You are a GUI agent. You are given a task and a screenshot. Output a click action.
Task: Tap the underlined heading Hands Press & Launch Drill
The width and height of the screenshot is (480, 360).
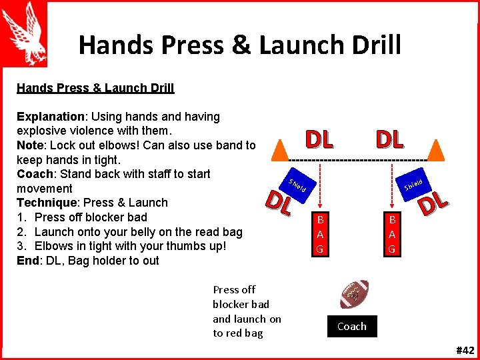click(95, 88)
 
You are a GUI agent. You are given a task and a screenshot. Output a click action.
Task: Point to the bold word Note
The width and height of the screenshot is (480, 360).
click(30, 145)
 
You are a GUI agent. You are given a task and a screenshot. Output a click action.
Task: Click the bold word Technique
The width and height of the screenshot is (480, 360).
click(46, 203)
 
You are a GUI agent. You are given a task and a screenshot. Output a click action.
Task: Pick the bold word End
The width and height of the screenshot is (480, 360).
click(27, 261)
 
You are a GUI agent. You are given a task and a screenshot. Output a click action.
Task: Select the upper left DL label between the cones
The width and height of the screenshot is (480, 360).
click(319, 139)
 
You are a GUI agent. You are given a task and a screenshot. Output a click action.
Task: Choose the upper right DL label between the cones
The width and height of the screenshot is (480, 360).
click(389, 139)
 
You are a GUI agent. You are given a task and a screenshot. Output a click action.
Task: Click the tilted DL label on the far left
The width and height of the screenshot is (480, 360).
click(279, 203)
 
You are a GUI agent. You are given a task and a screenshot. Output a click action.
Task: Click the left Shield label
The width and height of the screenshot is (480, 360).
click(297, 185)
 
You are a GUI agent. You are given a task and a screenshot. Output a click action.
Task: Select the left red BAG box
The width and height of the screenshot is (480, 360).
click(320, 234)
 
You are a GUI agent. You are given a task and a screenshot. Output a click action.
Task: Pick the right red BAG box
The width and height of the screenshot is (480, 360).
click(392, 234)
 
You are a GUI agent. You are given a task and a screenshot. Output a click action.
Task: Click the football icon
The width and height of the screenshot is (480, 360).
click(354, 294)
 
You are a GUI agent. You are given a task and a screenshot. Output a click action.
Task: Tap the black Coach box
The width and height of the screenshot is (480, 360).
click(351, 327)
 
